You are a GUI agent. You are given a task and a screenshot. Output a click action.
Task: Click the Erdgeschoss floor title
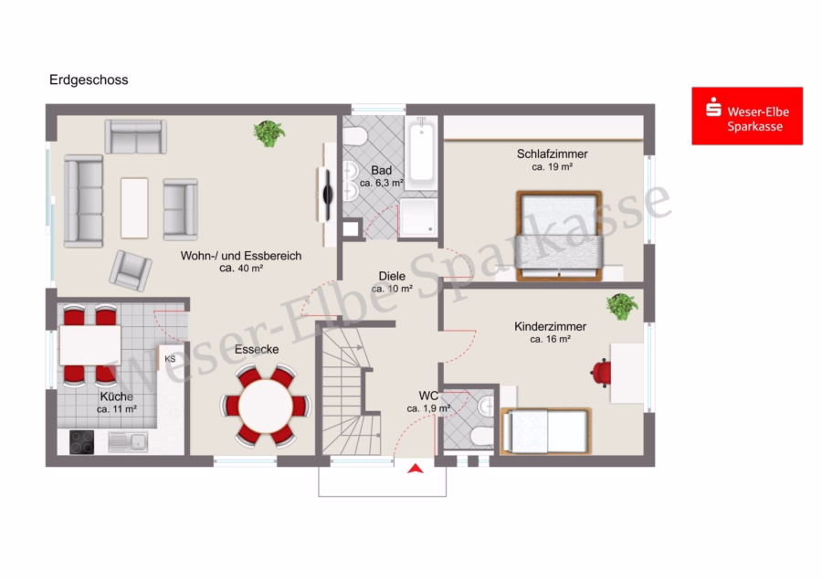click(89, 79)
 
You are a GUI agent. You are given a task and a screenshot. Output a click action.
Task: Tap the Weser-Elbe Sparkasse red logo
click(747, 116)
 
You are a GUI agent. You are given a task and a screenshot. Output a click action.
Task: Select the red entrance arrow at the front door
click(416, 469)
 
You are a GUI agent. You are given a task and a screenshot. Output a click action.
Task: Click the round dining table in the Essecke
click(266, 406)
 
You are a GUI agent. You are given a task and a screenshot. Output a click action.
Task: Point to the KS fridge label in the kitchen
click(170, 359)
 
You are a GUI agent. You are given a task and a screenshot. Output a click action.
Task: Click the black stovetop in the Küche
click(82, 441)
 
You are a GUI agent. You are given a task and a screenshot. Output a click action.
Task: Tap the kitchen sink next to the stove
click(128, 441)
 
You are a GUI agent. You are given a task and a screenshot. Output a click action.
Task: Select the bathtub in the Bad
click(421, 152)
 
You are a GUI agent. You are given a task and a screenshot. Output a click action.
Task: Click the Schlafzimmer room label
click(552, 154)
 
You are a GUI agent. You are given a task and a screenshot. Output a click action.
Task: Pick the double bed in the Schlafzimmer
click(559, 236)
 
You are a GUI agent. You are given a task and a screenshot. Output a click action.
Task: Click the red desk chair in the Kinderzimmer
click(601, 373)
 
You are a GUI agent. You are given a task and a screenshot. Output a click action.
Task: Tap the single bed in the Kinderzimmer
click(545, 431)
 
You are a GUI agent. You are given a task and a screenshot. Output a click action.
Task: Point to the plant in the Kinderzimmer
click(622, 306)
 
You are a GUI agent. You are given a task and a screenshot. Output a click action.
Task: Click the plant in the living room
click(269, 133)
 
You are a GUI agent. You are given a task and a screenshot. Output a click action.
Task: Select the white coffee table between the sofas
click(134, 208)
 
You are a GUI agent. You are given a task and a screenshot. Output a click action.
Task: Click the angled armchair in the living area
click(131, 270)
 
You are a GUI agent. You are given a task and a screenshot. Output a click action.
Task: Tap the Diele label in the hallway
click(392, 277)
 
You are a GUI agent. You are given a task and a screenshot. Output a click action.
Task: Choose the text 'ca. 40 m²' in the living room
click(241, 268)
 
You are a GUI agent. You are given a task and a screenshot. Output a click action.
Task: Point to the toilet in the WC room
click(481, 435)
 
